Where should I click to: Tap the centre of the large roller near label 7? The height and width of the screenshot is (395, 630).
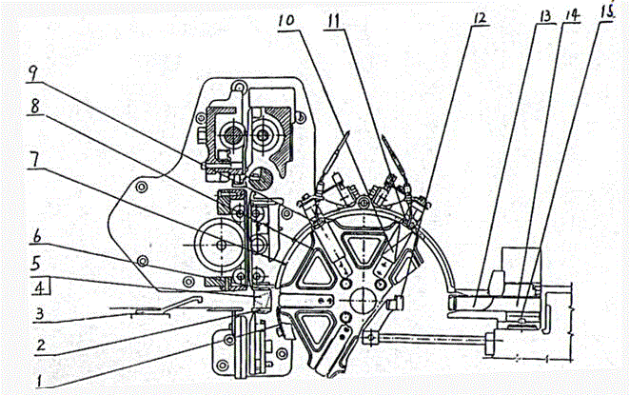click(x=220, y=245)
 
